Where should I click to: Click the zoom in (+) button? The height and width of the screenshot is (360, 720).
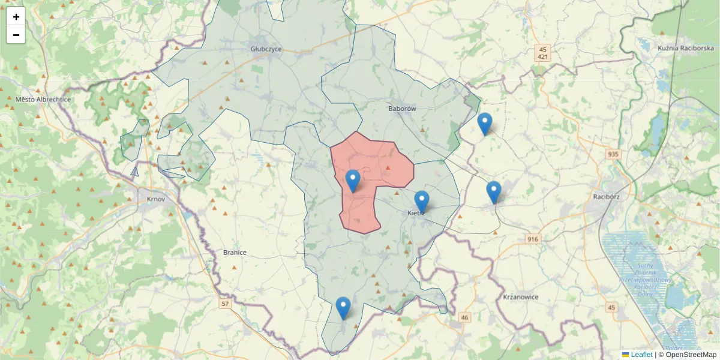16,17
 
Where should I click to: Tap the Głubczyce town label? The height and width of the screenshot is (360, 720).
266,49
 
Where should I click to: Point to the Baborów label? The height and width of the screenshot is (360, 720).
402,109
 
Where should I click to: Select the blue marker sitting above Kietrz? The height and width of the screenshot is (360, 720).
422,202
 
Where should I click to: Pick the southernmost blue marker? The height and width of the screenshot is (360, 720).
343,308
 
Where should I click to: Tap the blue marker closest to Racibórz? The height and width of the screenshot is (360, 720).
494,193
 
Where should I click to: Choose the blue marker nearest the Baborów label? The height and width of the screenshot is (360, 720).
485,124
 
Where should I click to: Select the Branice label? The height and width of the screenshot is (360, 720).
235,253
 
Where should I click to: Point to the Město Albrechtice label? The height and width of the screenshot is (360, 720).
43,100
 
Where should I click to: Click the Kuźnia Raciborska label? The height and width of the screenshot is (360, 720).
685,48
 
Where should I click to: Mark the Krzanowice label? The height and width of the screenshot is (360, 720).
521,297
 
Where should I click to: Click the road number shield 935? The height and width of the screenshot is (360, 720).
613,155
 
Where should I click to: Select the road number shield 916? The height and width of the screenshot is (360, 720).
532,239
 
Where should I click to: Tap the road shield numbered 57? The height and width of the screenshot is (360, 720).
225,304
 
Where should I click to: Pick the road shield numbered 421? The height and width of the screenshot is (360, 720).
543,57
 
